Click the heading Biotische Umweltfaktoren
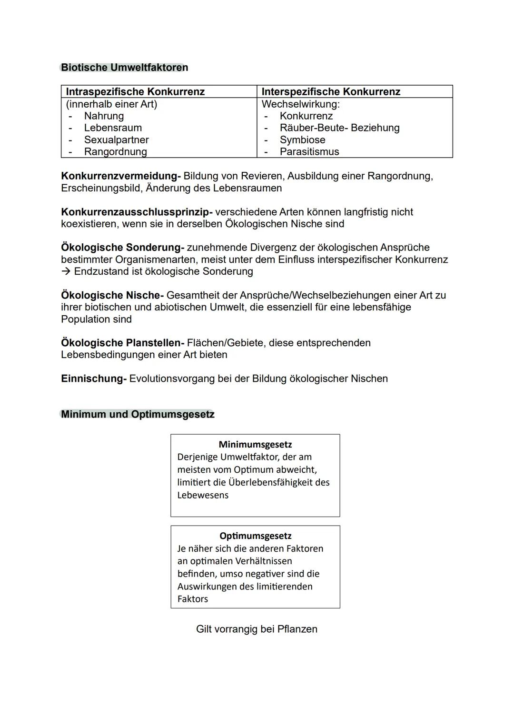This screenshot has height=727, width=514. [124, 68]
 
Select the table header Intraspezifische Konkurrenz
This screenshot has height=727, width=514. [135, 92]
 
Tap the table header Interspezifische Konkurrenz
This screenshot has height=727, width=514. [331, 92]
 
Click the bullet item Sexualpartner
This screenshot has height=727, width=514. [116, 140]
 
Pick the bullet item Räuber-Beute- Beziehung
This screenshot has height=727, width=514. [339, 128]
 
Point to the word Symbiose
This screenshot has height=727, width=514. [302, 140]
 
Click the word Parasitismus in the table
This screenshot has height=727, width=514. [309, 152]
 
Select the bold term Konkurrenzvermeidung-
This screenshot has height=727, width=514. [121, 176]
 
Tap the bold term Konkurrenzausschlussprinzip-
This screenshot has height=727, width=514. [137, 212]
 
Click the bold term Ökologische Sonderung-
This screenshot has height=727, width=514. [122, 248]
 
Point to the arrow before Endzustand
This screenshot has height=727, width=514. [66, 271]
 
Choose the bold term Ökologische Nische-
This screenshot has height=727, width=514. [112, 295]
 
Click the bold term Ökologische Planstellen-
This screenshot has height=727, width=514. [122, 343]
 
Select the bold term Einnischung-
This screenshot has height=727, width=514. [94, 378]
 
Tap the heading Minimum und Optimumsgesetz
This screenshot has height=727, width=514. [138, 414]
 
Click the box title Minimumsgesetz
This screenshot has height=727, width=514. [255, 445]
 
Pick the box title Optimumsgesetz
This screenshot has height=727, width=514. [255, 536]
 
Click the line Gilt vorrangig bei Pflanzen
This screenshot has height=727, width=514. [257, 629]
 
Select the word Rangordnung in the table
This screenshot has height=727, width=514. [115, 152]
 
